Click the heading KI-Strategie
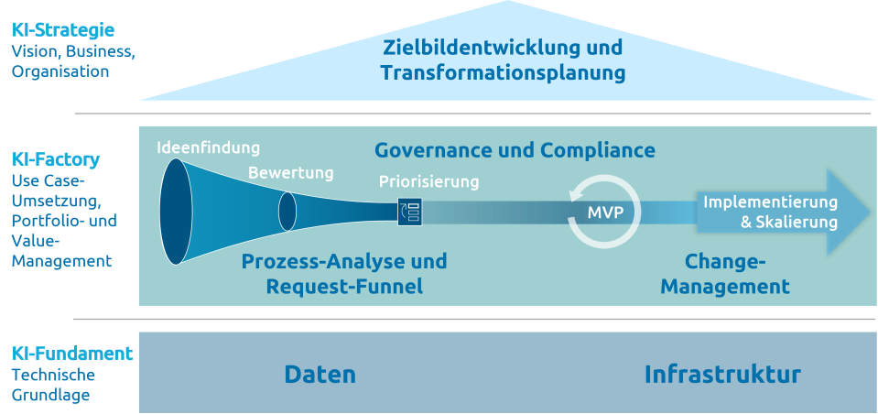click(62, 31)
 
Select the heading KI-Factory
click(55, 159)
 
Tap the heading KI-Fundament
click(71, 354)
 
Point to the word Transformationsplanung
click(503, 72)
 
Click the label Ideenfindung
click(208, 147)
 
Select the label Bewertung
click(290, 172)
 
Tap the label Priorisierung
click(428, 181)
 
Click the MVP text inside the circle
click(604, 212)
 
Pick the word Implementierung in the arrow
click(770, 202)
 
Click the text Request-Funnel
click(344, 287)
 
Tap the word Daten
click(320, 374)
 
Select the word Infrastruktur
click(722, 374)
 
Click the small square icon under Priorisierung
click(408, 212)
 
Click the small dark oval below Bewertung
click(287, 212)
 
